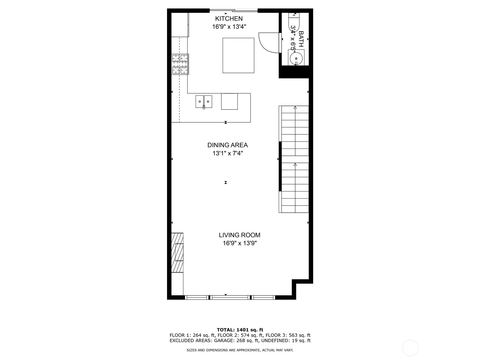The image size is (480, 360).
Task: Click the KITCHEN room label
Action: point(229,19)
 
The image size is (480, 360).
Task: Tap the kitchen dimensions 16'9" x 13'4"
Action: point(229,27)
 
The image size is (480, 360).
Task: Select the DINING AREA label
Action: point(227,145)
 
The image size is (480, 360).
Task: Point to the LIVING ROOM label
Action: point(239,235)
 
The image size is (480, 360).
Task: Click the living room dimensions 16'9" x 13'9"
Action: point(240,243)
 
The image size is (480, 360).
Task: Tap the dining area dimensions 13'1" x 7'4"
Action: point(227,153)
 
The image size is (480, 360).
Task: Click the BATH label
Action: point(301,39)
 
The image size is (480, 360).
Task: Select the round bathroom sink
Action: point(296,58)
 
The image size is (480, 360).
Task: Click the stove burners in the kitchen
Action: point(180,64)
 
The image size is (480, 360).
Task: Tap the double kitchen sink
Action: point(204,101)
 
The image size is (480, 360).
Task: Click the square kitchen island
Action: point(238,55)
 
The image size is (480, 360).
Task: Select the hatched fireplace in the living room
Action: point(177,253)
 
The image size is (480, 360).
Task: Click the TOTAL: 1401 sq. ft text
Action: point(240,330)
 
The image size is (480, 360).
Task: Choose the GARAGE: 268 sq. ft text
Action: point(237,340)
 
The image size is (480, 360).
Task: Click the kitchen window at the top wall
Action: point(233,11)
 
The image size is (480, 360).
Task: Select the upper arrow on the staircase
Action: point(295,107)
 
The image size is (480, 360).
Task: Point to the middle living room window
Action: point(230,297)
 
